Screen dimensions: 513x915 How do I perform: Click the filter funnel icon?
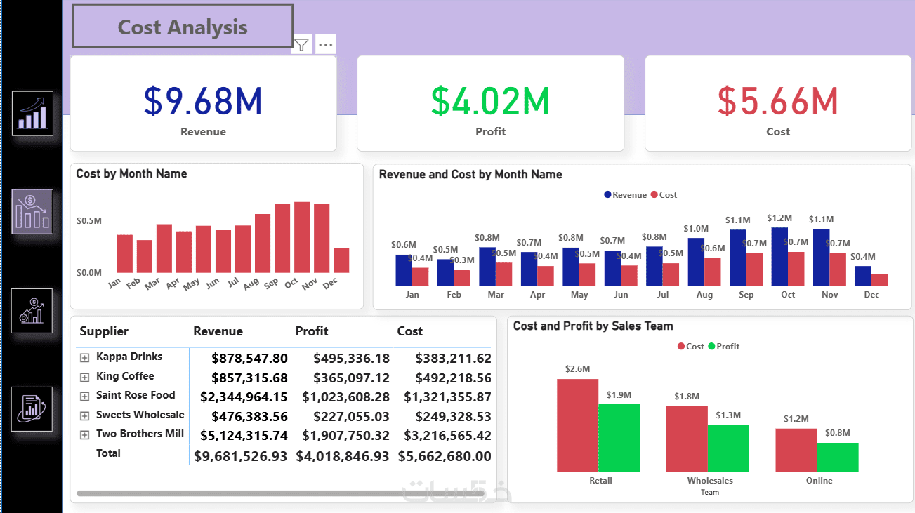click(301, 45)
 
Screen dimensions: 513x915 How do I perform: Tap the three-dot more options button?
click(325, 45)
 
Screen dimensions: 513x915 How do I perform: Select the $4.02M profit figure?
click(490, 101)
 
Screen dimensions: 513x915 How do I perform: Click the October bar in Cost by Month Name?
click(302, 237)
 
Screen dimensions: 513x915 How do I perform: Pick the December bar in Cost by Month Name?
click(341, 260)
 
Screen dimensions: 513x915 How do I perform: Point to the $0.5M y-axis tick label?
click(89, 221)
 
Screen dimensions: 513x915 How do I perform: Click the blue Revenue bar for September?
click(738, 258)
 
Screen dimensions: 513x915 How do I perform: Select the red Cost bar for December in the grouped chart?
click(879, 279)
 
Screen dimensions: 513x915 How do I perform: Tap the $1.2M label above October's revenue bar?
click(779, 218)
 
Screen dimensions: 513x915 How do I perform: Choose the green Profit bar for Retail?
click(619, 437)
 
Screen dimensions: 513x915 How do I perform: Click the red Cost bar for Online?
click(796, 450)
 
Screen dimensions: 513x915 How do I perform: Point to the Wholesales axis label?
click(710, 481)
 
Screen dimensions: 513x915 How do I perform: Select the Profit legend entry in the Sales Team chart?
click(723, 347)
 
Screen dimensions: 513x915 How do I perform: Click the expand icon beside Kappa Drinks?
click(85, 357)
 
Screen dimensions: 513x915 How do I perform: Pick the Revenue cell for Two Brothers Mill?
click(244, 435)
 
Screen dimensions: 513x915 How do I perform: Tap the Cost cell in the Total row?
click(445, 456)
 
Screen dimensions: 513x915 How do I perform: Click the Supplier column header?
click(104, 331)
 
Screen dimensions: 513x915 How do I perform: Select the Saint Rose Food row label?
click(136, 395)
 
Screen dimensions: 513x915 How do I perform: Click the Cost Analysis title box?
click(183, 27)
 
